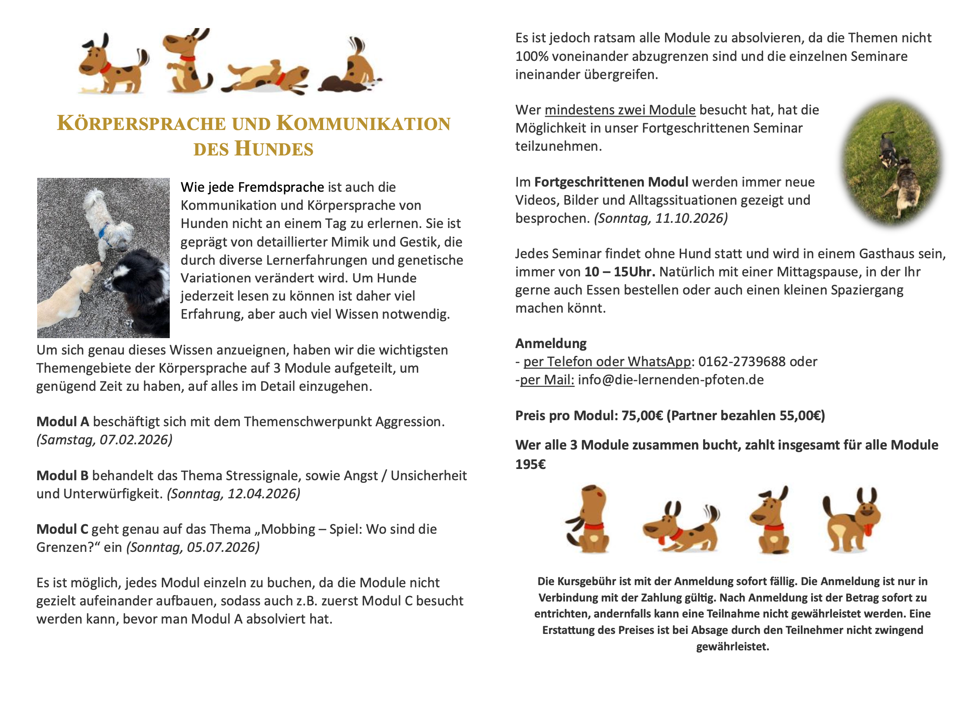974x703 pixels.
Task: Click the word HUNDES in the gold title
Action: (x=274, y=149)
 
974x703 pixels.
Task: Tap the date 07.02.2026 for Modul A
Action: (x=136, y=440)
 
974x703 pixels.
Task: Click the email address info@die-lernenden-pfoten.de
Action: (x=671, y=380)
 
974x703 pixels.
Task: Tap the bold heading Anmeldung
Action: (x=551, y=344)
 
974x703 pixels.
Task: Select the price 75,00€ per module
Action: (x=642, y=416)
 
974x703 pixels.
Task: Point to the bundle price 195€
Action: (x=530, y=465)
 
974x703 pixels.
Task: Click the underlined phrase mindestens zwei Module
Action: (x=620, y=110)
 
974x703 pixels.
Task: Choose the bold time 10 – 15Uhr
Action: (x=619, y=272)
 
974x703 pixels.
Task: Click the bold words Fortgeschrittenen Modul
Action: (x=611, y=182)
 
